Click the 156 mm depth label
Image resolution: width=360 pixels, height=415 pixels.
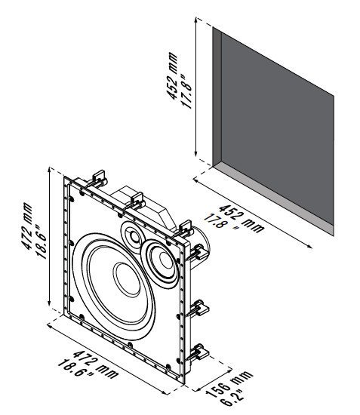tap(229, 383)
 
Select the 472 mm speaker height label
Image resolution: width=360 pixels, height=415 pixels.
tap(26, 226)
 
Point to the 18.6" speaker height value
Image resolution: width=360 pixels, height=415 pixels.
tap(41, 241)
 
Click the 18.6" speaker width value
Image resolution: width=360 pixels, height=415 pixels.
tap(76, 370)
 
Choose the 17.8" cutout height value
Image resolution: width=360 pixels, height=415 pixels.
tap(186, 91)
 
